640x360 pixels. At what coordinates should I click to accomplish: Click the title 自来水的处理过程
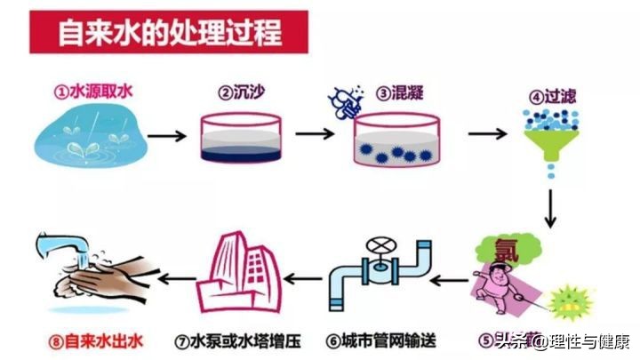tap(169, 32)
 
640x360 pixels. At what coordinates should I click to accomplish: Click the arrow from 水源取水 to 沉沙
tap(166, 137)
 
